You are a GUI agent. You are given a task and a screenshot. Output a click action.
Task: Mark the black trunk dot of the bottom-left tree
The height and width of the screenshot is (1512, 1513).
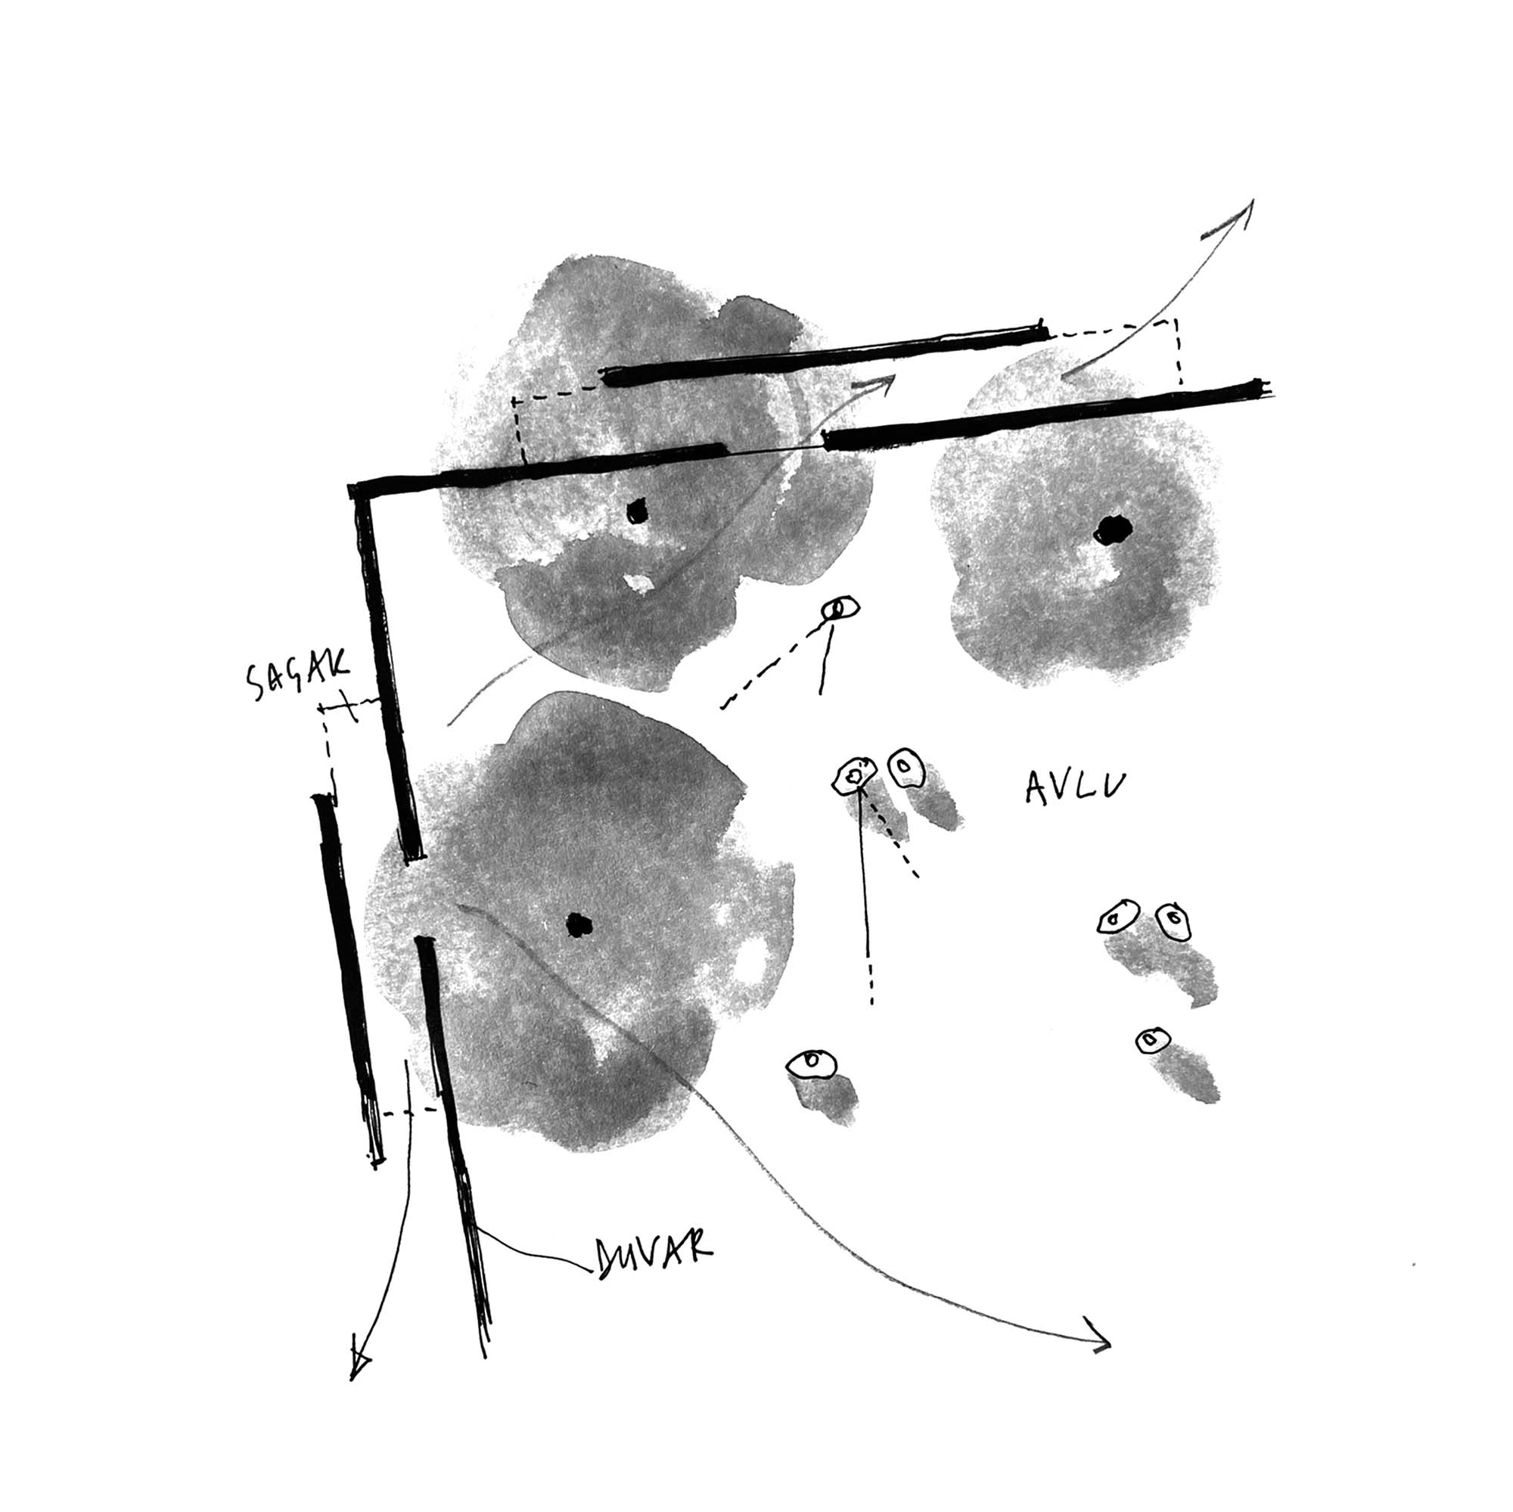(579, 925)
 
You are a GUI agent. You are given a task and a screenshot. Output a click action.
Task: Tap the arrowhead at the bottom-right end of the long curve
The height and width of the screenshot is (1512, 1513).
(1098, 1343)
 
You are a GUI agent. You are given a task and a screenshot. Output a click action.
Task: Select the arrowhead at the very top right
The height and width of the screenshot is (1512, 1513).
(1232, 219)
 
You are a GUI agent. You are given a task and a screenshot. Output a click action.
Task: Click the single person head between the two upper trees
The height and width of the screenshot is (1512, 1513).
(840, 607)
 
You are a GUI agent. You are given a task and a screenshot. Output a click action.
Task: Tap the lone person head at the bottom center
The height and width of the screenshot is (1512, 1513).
(812, 1063)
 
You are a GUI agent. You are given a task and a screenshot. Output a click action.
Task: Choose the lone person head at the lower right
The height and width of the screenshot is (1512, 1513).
(1153, 1041)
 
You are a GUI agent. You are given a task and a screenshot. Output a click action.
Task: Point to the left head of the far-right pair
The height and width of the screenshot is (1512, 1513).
(1117, 916)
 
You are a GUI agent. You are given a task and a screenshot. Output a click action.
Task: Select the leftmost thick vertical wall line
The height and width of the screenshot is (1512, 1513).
(348, 979)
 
